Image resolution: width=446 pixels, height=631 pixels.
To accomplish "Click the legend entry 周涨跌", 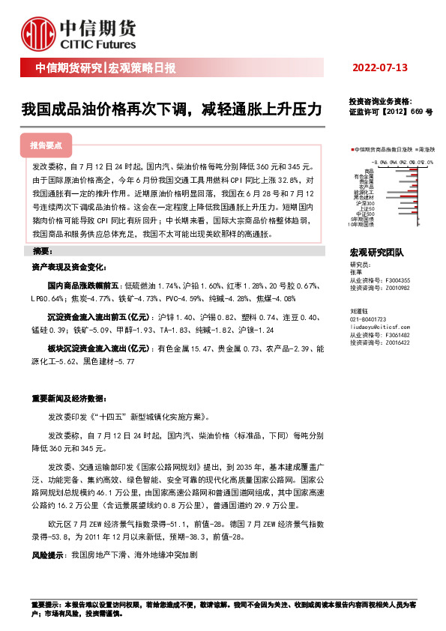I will (424, 151).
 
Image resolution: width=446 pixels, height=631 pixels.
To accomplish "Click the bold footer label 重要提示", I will (43, 603).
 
